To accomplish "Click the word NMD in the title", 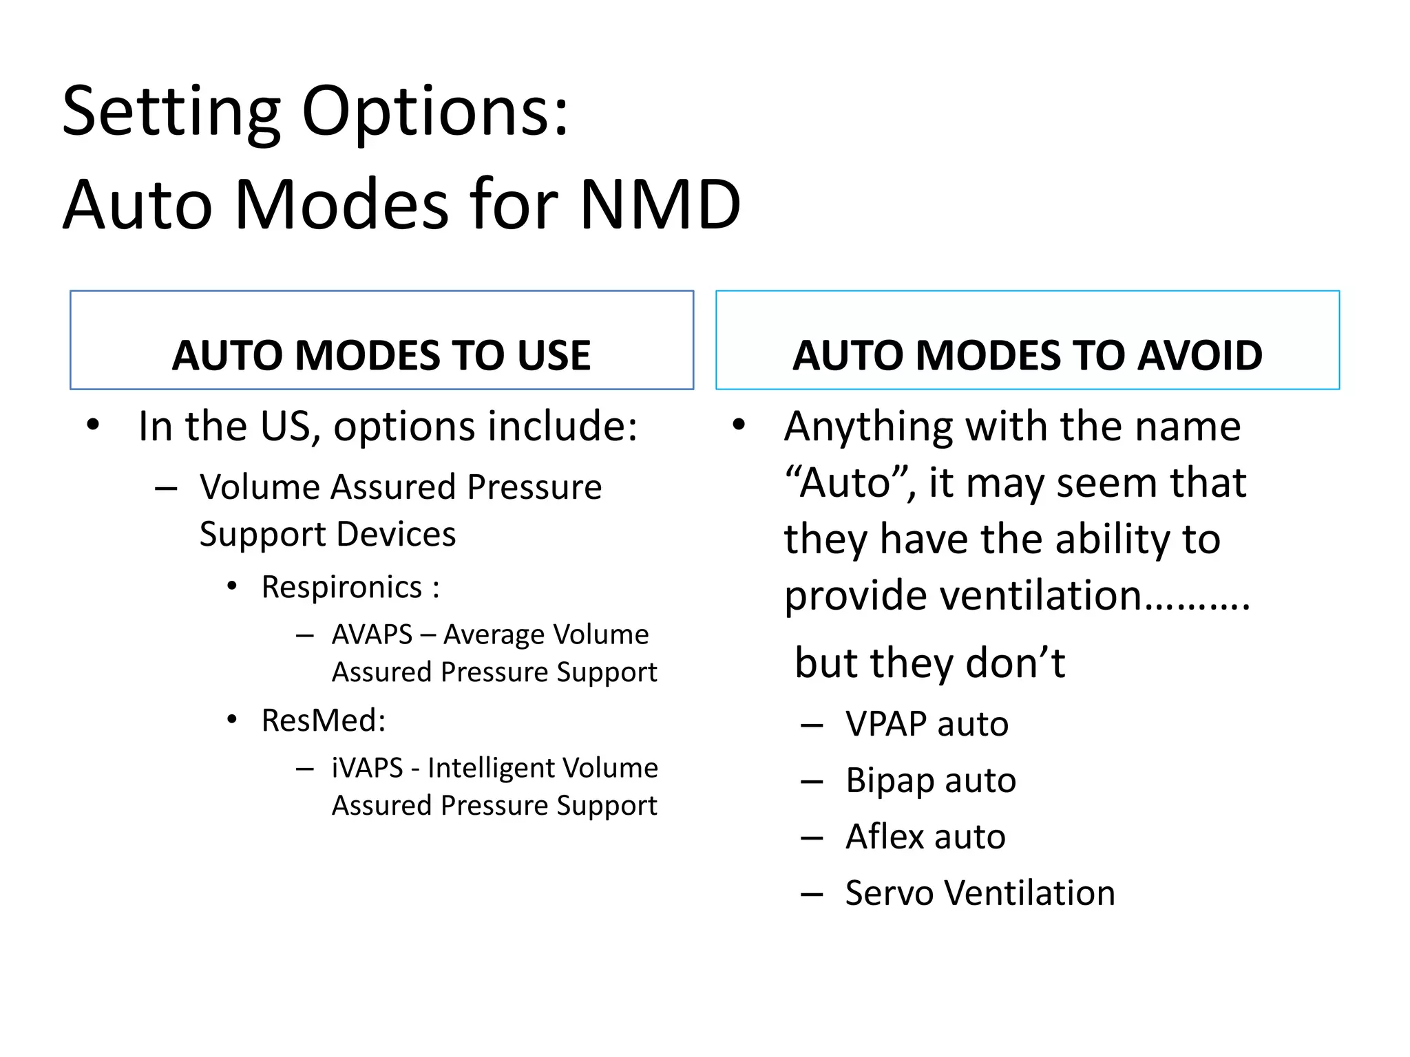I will (x=660, y=204).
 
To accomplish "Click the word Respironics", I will (x=341, y=588).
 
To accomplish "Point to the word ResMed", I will (x=323, y=720).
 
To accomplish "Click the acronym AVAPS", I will (x=372, y=634).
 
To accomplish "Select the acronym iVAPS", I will (x=367, y=768).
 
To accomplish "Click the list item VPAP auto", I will (x=927, y=725).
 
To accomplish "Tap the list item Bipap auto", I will (x=931, y=781).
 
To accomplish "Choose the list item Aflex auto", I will (x=925, y=837).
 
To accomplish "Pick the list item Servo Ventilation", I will (x=980, y=893).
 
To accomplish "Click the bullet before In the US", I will (x=93, y=425).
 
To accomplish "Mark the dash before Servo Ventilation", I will (x=812, y=894).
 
